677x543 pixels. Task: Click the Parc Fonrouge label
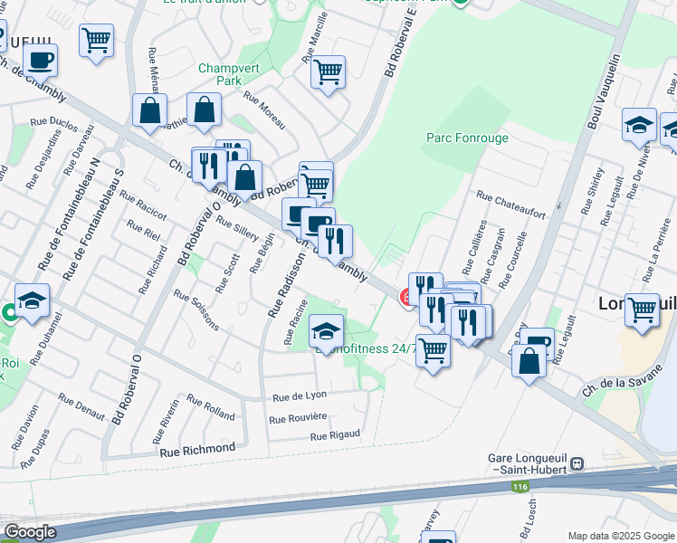click(x=467, y=138)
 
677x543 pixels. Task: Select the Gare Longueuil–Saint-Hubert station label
click(x=526, y=463)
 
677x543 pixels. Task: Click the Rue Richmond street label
click(x=197, y=449)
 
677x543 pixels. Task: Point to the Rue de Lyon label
click(x=300, y=396)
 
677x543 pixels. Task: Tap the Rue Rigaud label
click(x=336, y=435)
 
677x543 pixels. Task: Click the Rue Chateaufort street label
click(x=510, y=205)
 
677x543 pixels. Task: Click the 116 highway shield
click(x=520, y=487)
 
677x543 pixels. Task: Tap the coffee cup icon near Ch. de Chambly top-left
click(x=39, y=61)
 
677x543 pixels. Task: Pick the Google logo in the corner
click(x=30, y=532)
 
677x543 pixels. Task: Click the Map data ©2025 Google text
click(x=620, y=536)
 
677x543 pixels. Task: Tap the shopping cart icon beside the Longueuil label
click(x=642, y=310)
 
